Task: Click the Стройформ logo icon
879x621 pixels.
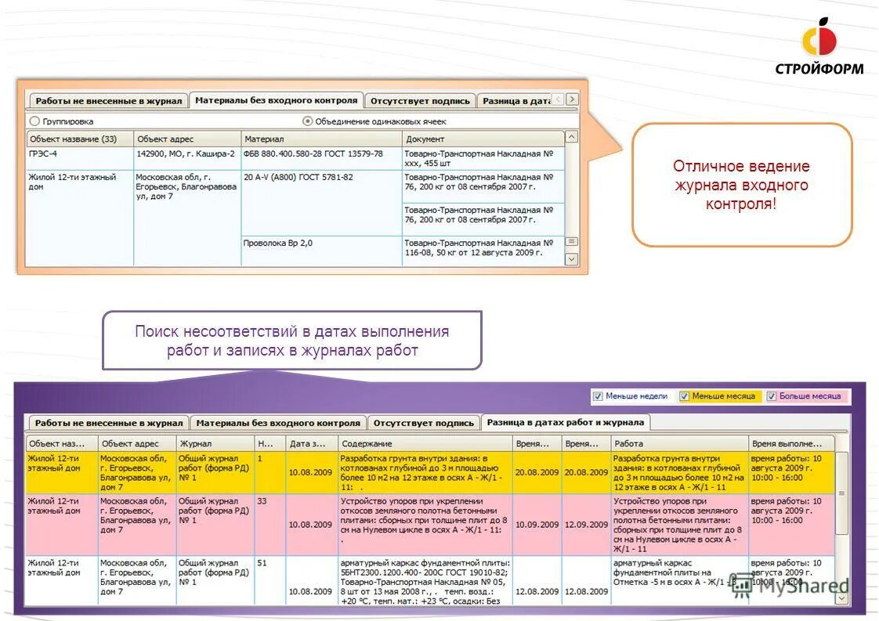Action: tap(819, 38)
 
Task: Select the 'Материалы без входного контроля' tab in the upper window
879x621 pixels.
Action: tap(276, 100)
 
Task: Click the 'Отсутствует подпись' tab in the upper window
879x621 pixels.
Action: tap(420, 101)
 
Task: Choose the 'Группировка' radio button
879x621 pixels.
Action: tap(34, 121)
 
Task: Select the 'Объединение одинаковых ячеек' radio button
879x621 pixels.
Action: tap(308, 121)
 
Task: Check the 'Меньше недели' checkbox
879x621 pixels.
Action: tap(598, 396)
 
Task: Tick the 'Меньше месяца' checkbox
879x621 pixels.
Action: tap(684, 396)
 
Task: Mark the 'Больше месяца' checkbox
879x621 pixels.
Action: tap(772, 396)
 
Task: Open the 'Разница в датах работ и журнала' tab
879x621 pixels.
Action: tap(565, 422)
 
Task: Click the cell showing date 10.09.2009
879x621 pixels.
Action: tap(537, 525)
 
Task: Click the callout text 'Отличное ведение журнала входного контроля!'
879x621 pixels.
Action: tap(741, 185)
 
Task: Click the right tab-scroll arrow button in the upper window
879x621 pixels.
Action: tap(572, 99)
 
